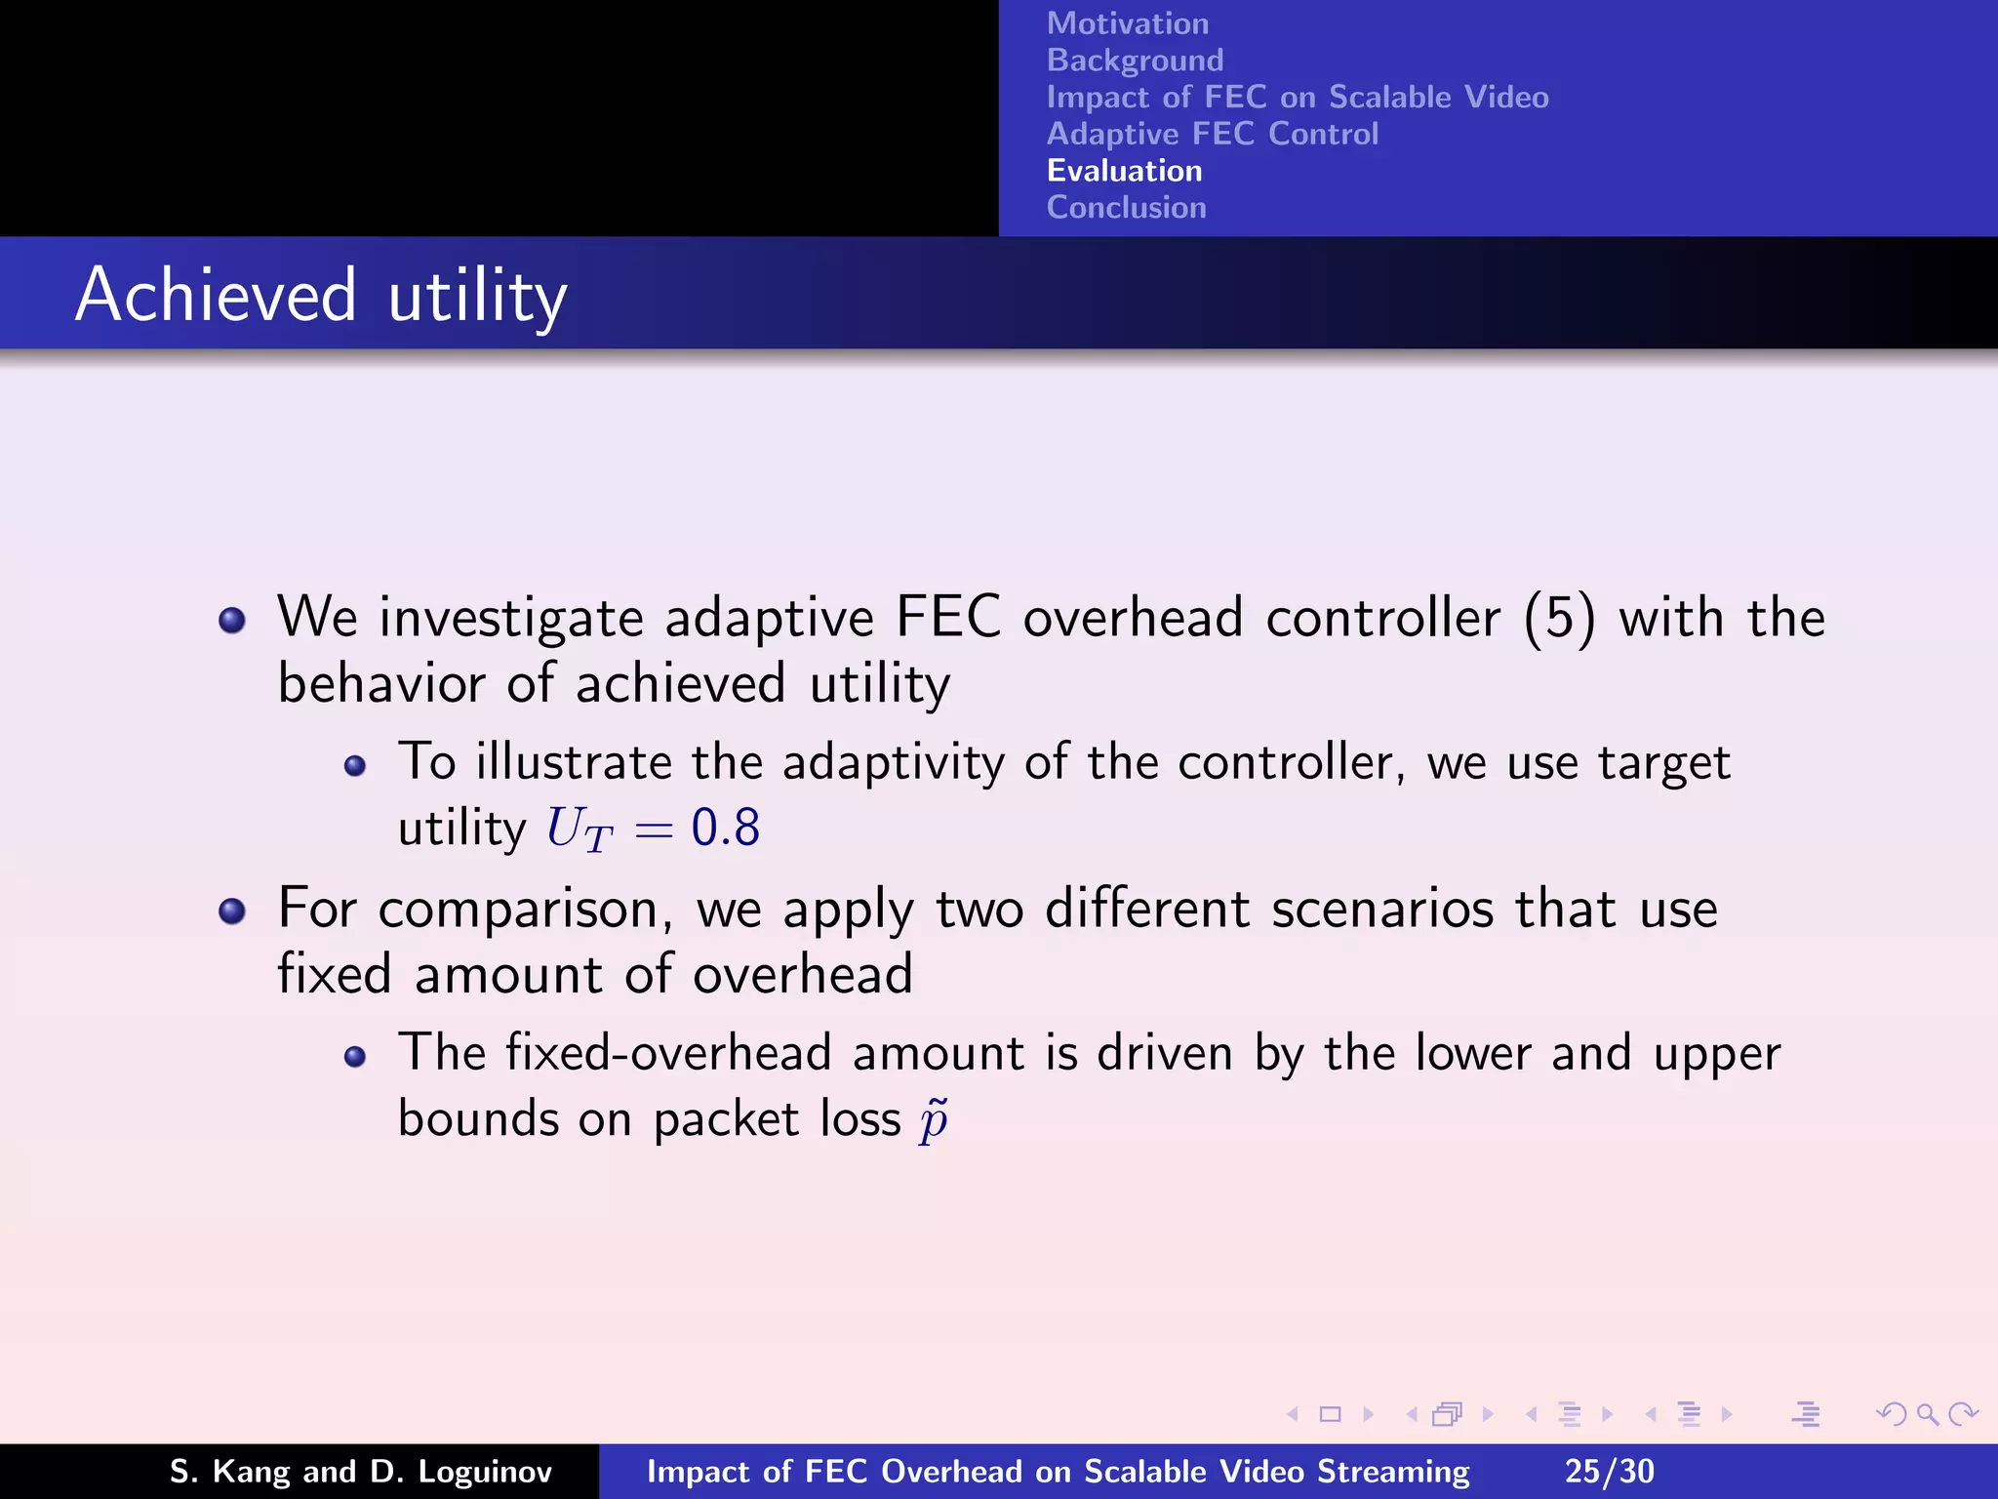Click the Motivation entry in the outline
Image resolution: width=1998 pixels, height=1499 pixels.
tap(1127, 23)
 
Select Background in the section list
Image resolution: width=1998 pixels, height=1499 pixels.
tap(1135, 61)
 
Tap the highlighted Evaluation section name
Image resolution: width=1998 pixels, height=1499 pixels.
tap(1124, 171)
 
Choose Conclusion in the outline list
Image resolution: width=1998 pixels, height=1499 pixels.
tap(1126, 208)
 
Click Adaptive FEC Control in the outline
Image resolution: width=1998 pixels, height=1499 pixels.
tap(1212, 134)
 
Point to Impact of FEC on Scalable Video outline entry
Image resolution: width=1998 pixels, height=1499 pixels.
tap(1297, 98)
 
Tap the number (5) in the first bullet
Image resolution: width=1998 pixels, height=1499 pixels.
tap(1559, 618)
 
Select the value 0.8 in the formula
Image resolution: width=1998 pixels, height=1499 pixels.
tap(725, 828)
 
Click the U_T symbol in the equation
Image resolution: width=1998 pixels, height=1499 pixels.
tap(579, 830)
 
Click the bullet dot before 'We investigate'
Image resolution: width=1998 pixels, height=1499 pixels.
tap(232, 621)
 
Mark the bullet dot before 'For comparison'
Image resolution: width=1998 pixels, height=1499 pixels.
tap(232, 912)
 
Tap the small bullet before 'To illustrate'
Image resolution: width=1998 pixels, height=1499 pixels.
tap(355, 766)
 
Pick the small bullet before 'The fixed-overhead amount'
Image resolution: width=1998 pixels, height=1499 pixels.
tap(355, 1057)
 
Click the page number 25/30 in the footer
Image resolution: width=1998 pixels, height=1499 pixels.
tap(1609, 1471)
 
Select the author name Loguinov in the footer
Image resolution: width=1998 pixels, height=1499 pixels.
tap(485, 1472)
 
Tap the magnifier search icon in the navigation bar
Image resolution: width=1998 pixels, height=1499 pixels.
tap(1927, 1414)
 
